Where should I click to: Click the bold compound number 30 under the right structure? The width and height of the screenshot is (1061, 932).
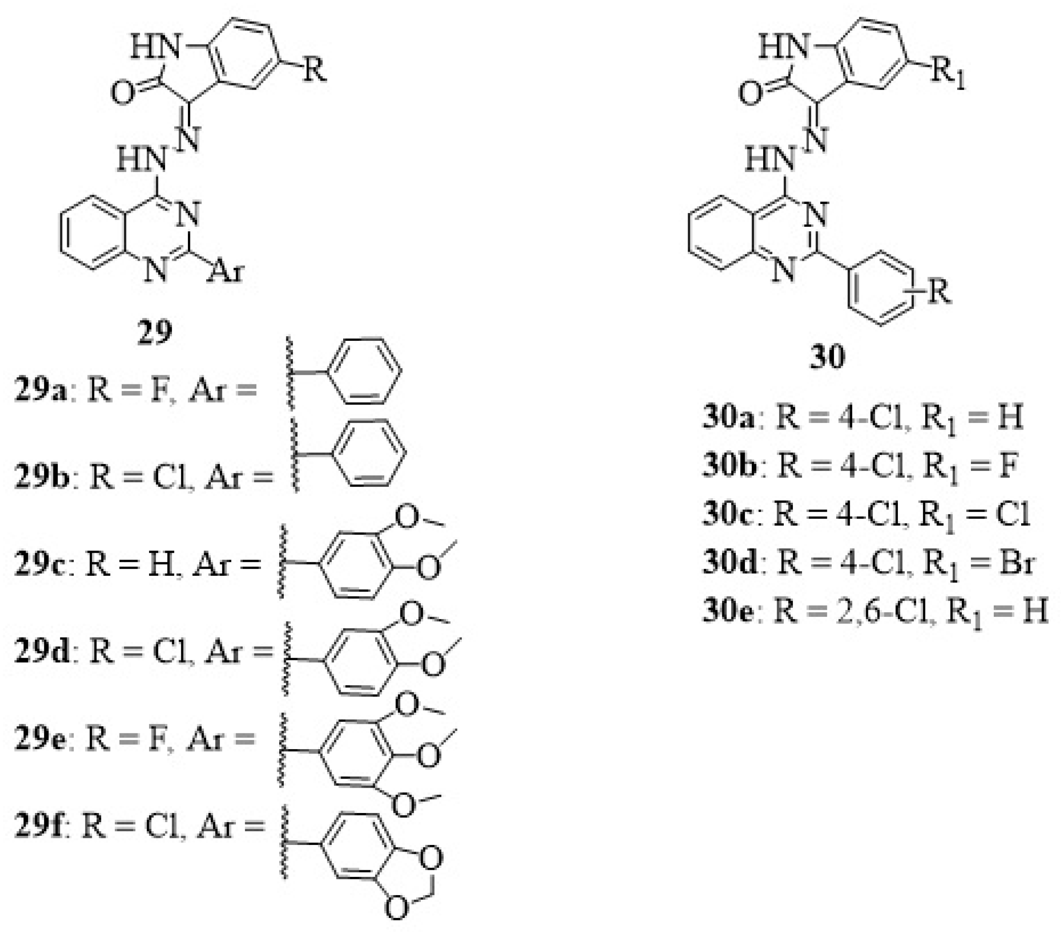tap(827, 357)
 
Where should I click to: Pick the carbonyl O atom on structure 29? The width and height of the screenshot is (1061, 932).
tap(122, 93)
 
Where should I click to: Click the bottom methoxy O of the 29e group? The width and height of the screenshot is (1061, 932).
tap(404, 805)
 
